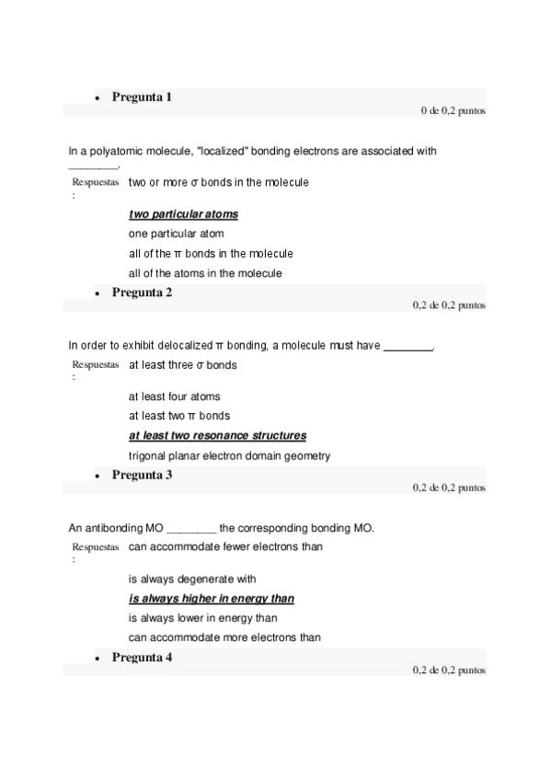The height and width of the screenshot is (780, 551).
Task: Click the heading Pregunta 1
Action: pos(142,97)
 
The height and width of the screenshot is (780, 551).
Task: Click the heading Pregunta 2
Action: pos(142,292)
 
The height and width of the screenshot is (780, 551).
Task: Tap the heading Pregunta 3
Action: pos(142,475)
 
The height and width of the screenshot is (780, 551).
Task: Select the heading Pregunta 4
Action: pos(142,657)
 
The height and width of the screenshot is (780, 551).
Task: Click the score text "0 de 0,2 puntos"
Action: pos(453,110)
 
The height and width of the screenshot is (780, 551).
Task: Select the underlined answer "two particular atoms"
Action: pos(183,214)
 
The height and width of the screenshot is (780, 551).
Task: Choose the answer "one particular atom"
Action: pos(176,234)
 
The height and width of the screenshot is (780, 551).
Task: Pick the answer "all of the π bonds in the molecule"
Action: pos(211,253)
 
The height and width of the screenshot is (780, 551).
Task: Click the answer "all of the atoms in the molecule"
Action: pos(205,273)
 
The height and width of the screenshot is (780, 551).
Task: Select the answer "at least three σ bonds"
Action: pos(182,365)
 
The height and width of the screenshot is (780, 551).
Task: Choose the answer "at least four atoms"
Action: pos(174,396)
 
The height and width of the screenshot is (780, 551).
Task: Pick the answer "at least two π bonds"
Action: pos(178,416)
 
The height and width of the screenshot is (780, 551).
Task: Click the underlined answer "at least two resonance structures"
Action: pos(217,435)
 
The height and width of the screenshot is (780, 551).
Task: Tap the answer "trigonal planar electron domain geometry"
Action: pos(229,455)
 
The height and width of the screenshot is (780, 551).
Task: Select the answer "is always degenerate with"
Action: pos(191,579)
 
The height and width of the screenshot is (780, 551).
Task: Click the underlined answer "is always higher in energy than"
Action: pos(211,598)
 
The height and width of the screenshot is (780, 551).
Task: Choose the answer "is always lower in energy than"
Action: pos(202,618)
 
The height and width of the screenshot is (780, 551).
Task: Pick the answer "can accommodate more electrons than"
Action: pos(224,637)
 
